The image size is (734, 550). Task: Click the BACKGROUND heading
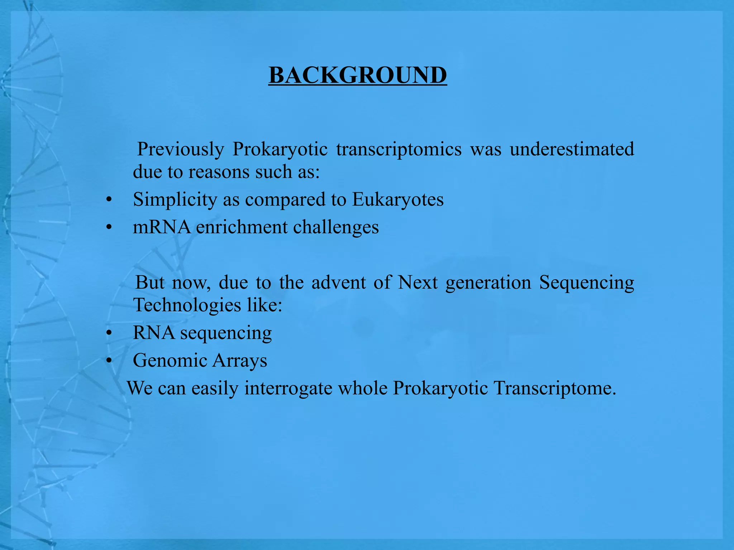tap(358, 76)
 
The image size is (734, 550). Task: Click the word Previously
tap(181, 149)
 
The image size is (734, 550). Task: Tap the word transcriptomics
tap(399, 149)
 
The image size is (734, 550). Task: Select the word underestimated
tap(572, 149)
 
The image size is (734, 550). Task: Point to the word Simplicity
tap(175, 199)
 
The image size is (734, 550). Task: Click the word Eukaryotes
tap(397, 199)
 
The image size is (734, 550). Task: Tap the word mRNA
tap(162, 227)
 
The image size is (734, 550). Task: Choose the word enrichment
tap(242, 227)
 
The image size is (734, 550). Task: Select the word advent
tap(338, 283)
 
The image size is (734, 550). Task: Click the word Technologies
tap(187, 305)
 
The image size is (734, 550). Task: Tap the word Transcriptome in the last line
tap(554, 388)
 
